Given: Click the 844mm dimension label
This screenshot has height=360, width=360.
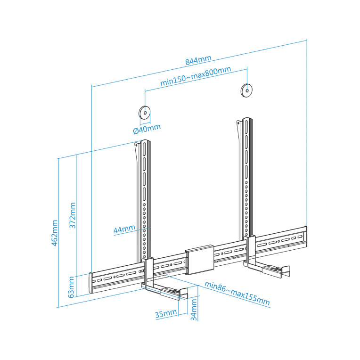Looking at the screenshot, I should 198,61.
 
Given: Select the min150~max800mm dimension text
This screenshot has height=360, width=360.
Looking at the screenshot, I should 195,76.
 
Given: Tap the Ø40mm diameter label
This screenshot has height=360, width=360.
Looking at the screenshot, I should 147,128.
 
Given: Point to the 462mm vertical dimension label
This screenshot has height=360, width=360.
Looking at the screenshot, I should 55,232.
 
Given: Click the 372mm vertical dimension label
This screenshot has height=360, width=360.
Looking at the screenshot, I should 73,215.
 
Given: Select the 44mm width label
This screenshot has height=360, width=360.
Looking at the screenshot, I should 124,229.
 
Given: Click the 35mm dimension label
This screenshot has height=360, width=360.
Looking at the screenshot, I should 166,313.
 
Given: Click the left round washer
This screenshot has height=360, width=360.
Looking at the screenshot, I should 144,113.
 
